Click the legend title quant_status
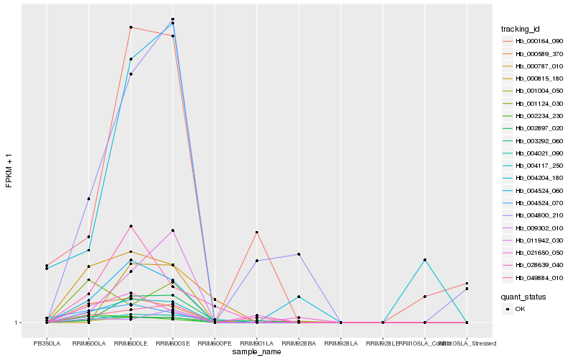coord(523,296)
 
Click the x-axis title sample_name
coord(257,352)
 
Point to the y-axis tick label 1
coord(18,323)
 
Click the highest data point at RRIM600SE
coord(173,19)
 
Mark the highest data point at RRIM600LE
coord(131,27)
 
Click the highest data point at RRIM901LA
coord(257,232)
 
